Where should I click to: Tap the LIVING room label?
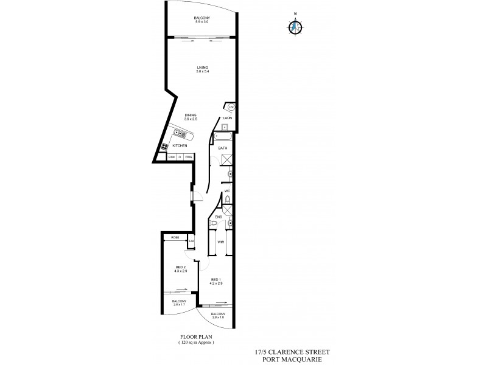pyautogui.click(x=202, y=68)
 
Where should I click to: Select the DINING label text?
pyautogui.click(x=191, y=115)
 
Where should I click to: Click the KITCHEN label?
pyautogui.click(x=180, y=146)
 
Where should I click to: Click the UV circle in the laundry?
pyautogui.click(x=231, y=108)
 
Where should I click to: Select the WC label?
pyautogui.click(x=226, y=192)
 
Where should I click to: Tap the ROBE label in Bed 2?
pyautogui.click(x=175, y=237)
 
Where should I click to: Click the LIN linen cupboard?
pyautogui.click(x=191, y=242)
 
